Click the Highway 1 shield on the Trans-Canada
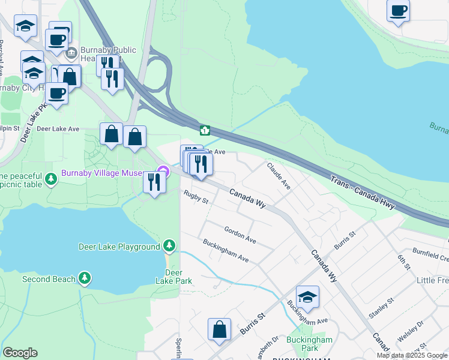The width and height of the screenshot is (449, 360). coord(205,130)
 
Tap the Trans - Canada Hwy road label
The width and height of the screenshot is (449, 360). coord(362,191)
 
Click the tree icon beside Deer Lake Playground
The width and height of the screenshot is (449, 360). coord(170,247)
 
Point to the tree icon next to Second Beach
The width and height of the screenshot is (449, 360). coord(85,279)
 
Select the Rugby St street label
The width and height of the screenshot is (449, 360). coord(196,197)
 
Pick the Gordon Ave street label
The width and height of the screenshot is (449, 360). coord(240,235)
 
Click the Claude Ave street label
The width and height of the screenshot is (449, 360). coord(279,176)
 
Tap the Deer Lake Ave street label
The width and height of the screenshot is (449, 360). coord(58,129)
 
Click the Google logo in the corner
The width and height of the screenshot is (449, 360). coord(20,353)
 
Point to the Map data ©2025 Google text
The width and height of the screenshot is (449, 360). coord(412,355)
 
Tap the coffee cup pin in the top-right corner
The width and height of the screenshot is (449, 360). coord(398,10)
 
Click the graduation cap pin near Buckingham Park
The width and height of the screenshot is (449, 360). coord(307,297)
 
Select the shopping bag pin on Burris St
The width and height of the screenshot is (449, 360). coord(220,329)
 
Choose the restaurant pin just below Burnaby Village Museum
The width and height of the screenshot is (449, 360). coord(154,182)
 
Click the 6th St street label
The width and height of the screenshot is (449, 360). coord(404,262)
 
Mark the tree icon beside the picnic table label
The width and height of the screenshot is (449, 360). coord(52,179)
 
